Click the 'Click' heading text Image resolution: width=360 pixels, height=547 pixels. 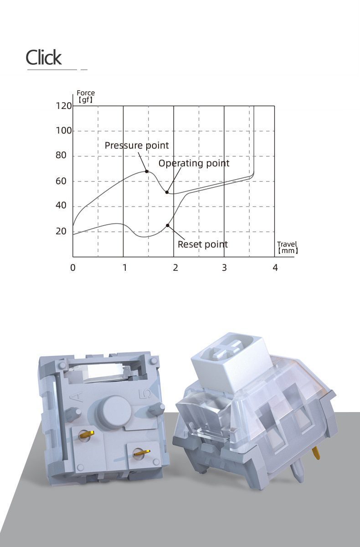coord(44,57)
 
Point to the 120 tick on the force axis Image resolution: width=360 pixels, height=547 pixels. coord(64,106)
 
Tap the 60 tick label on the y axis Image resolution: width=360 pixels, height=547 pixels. coord(61,181)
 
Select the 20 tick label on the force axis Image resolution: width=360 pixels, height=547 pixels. coord(61,231)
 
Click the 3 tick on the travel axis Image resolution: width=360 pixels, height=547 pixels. coord(224,268)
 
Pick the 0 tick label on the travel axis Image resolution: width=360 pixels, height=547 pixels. coord(73,268)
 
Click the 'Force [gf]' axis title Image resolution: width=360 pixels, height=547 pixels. coord(86,96)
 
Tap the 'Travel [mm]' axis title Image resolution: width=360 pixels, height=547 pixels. coord(288,247)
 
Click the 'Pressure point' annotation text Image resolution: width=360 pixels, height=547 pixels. coord(137,145)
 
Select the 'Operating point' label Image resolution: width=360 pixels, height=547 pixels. coord(194,163)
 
